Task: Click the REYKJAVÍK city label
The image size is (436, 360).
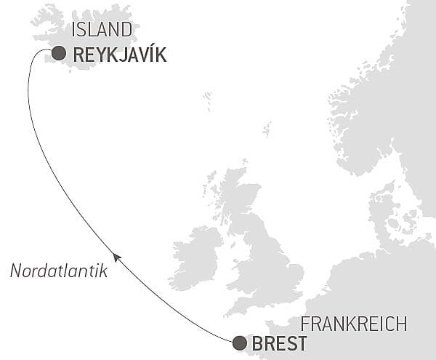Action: [x=120, y=55]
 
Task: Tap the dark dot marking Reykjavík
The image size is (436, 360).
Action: [x=59, y=53]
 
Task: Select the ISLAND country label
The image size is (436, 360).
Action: [x=103, y=30]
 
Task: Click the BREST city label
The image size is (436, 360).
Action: [x=279, y=343]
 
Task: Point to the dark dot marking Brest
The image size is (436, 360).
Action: [x=239, y=343]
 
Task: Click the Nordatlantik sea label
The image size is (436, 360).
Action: [x=59, y=271]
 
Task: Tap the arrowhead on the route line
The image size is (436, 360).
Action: [x=117, y=257]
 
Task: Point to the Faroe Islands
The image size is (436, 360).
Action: [x=207, y=98]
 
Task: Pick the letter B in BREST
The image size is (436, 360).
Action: [x=257, y=343]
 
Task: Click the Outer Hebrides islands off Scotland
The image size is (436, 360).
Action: [x=209, y=191]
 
